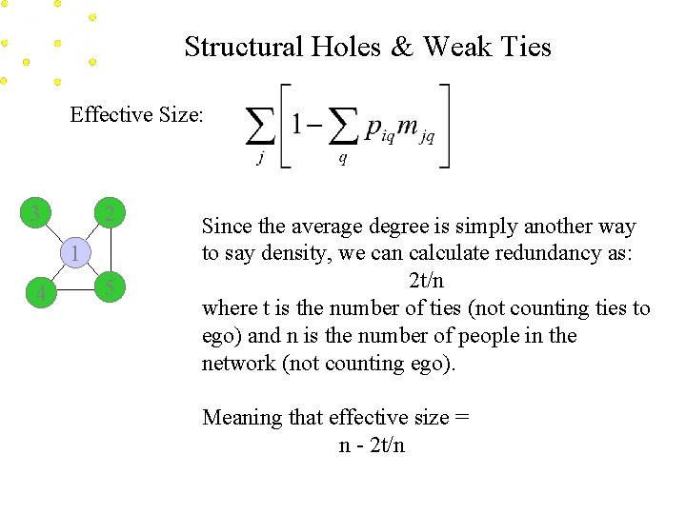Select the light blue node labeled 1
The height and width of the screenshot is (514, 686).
72,253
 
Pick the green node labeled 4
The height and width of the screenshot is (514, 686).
37,294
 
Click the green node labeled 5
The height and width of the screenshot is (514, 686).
111,287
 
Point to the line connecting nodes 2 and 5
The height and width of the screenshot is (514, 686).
111,250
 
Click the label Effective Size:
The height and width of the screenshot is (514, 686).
136,115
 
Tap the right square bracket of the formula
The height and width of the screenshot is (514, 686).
445,127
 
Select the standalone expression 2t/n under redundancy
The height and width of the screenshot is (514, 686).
425,282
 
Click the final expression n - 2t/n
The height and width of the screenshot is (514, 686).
372,445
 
